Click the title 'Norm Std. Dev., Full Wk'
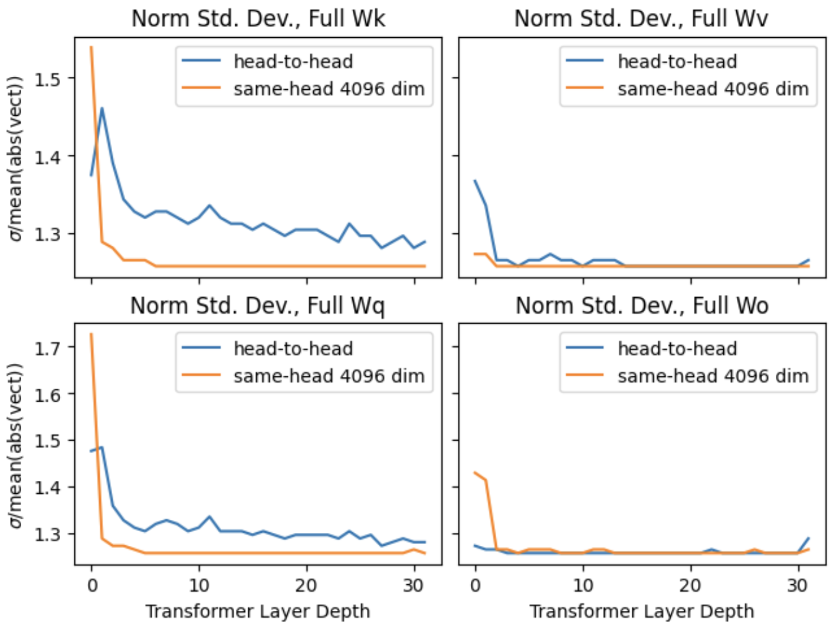coord(258,18)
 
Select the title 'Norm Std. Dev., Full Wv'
coord(641,18)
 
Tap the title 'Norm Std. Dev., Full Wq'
coord(257,305)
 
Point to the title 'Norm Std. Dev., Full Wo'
coord(642,305)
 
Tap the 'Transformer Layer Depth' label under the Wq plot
coord(258,611)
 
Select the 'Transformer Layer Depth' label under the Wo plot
coord(642,611)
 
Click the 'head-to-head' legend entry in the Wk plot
coord(293,61)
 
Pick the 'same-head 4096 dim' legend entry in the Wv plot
coord(713,89)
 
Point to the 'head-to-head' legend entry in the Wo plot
coord(677,348)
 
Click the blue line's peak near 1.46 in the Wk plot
coord(102,108)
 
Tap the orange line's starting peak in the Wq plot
coord(91,334)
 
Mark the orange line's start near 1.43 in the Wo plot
coord(475,473)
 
